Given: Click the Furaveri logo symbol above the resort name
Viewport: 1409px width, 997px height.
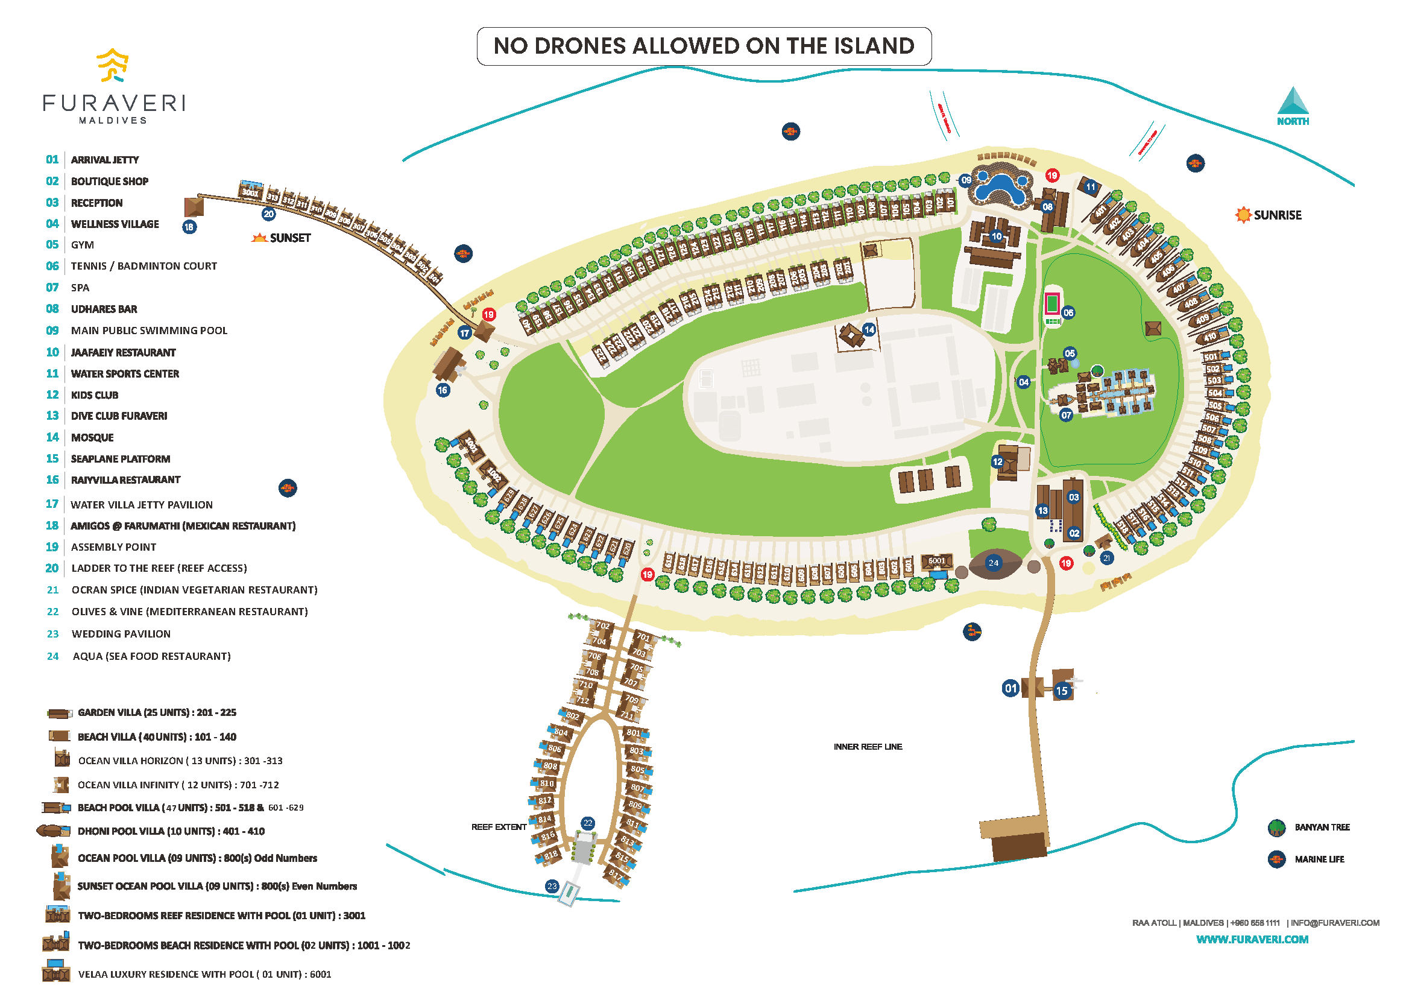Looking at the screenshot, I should (112, 65).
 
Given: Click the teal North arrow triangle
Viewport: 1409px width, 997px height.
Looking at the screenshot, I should (1293, 101).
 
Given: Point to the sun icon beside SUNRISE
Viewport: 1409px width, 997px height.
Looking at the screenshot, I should (1243, 215).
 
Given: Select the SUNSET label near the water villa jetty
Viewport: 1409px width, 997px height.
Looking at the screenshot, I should (289, 238).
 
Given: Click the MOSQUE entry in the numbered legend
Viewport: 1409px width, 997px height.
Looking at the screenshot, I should (92, 437).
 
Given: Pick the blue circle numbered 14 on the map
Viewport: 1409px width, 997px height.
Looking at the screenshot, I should (869, 330).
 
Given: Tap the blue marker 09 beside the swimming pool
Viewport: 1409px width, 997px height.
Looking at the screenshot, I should (966, 180).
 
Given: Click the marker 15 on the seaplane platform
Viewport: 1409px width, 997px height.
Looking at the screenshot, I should (1061, 691).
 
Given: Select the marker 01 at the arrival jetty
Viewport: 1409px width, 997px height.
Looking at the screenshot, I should (1010, 688).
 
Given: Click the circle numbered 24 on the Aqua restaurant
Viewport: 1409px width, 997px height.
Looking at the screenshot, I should (994, 562).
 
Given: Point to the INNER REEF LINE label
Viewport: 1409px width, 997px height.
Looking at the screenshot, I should (868, 747).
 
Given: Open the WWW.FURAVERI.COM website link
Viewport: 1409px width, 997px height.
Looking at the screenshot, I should (1252, 939).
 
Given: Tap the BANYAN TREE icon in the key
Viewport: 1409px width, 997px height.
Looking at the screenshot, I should (1276, 827).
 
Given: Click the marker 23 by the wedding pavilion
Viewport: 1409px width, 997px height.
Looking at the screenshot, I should (552, 886).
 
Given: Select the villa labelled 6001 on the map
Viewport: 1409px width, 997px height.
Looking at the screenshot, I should (936, 561).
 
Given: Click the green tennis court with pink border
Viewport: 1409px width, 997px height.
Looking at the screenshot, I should (1053, 303).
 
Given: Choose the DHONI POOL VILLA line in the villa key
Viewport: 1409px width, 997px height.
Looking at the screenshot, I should (171, 831).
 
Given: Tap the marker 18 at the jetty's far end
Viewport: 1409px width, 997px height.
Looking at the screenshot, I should (189, 227).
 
